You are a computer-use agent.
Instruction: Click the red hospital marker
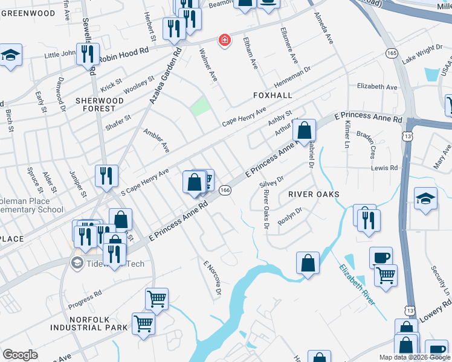225,40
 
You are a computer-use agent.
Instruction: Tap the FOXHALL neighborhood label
272,95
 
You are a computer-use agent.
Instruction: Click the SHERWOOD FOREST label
95,104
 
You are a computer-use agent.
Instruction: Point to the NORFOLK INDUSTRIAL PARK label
89,323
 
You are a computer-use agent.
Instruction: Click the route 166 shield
225,190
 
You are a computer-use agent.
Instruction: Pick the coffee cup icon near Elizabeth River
381,257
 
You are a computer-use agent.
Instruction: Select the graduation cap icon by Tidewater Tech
77,262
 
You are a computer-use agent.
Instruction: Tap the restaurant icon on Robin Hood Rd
88,54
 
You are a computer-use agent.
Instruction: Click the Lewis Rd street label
385,168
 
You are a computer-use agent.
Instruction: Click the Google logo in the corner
20,354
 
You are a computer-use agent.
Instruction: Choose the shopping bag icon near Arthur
303,130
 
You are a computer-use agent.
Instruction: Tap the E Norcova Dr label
212,278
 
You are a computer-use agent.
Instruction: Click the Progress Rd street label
85,298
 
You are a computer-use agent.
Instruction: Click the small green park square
200,107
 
